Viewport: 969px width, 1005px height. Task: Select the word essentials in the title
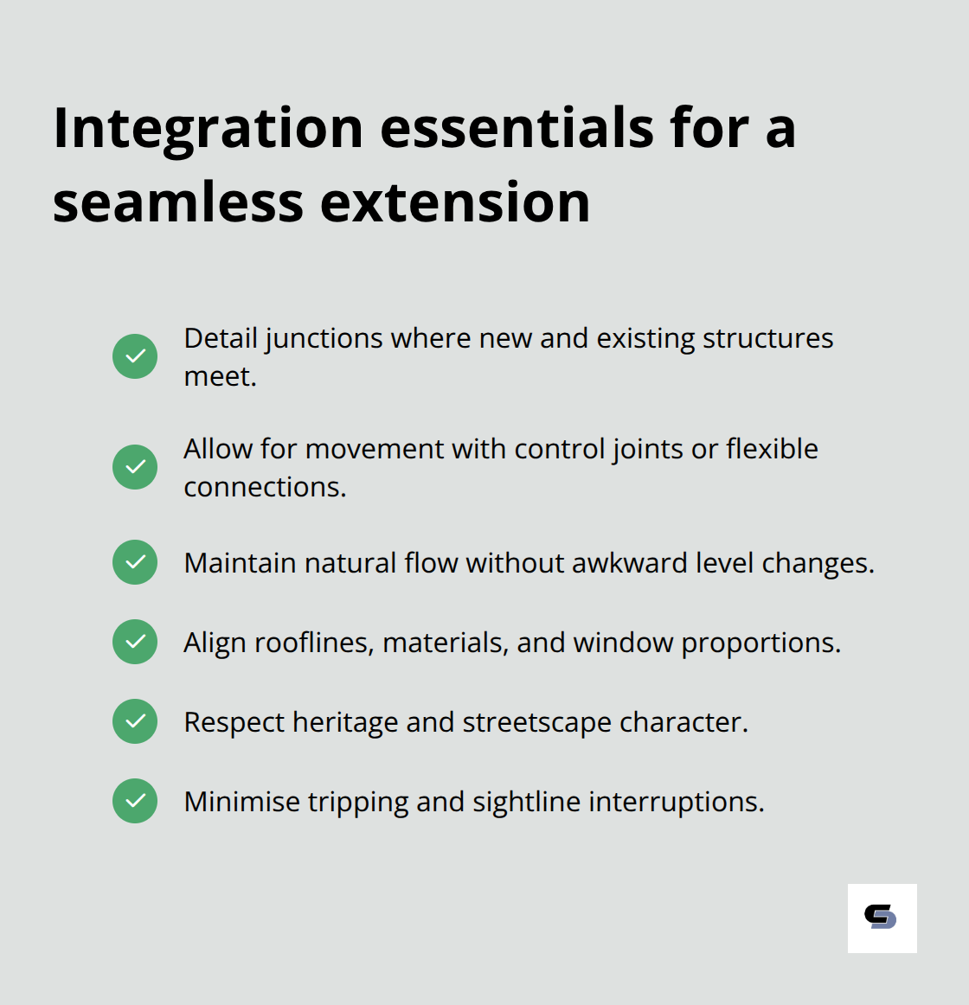[x=517, y=128]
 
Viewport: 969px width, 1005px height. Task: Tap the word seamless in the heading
[x=178, y=202]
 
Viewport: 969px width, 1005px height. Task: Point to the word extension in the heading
[x=455, y=202]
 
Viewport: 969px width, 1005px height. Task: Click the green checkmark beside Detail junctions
[x=135, y=356]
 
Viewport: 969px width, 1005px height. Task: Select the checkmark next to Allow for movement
[x=135, y=467]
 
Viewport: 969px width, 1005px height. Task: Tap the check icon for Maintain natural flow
[x=135, y=562]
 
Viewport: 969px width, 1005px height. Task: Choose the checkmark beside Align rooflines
[x=135, y=642]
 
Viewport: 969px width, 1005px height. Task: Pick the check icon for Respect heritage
[x=135, y=721]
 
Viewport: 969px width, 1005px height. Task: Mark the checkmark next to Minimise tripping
[x=135, y=801]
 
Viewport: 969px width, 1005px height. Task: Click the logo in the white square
[x=882, y=918]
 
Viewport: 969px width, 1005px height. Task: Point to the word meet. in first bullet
[x=220, y=376]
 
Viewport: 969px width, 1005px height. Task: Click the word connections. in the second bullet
[x=265, y=487]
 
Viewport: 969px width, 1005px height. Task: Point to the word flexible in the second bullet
[x=772, y=449]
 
